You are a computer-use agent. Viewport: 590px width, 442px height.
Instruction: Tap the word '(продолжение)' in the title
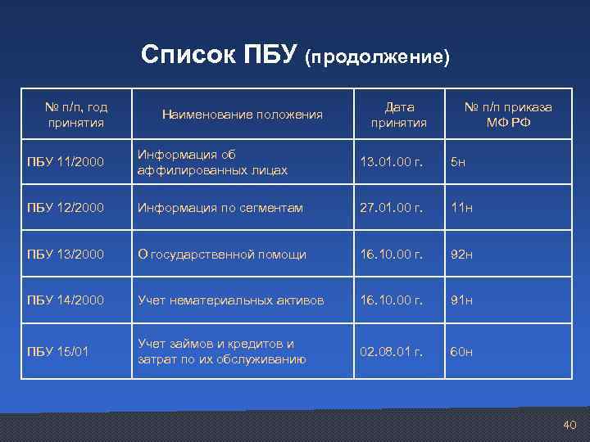coord(378,57)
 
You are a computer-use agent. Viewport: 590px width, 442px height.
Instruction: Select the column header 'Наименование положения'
coord(242,114)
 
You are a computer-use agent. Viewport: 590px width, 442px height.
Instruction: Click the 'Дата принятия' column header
coord(399,115)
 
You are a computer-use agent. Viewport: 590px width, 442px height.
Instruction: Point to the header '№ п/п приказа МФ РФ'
coord(508,115)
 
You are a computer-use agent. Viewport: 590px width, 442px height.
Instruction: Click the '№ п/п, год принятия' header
coord(76,115)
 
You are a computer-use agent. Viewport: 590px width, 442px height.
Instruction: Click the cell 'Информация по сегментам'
coord(220,208)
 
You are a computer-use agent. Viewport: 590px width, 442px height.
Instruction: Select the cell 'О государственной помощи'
coord(221,255)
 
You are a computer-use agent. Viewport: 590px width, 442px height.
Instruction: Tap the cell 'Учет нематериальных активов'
coord(230,300)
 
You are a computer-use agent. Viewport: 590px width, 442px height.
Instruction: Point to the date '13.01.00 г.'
coord(392,162)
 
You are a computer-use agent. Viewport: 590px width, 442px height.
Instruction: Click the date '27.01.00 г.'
coord(392,208)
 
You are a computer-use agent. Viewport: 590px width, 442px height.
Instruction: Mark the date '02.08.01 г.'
coord(392,351)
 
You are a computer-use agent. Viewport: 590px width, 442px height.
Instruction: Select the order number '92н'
coord(461,255)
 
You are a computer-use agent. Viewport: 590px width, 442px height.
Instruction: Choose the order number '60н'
coord(461,351)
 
